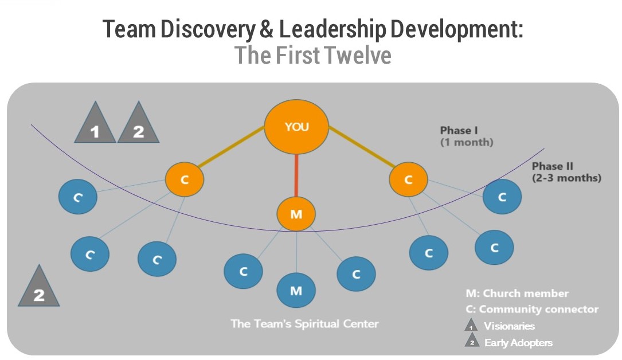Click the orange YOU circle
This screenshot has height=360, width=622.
[296, 127]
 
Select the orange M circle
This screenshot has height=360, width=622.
[296, 214]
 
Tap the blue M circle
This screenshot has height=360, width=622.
[296, 291]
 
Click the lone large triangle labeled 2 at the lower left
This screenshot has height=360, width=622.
[39, 289]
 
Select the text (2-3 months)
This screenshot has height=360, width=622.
[566, 178]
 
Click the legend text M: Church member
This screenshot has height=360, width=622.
[517, 294]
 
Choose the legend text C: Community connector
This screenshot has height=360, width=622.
[532, 310]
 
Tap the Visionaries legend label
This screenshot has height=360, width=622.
[509, 326]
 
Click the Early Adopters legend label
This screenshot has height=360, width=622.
[518, 343]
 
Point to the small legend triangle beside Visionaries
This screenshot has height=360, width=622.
[471, 326]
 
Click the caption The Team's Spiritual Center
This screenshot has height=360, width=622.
[304, 324]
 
